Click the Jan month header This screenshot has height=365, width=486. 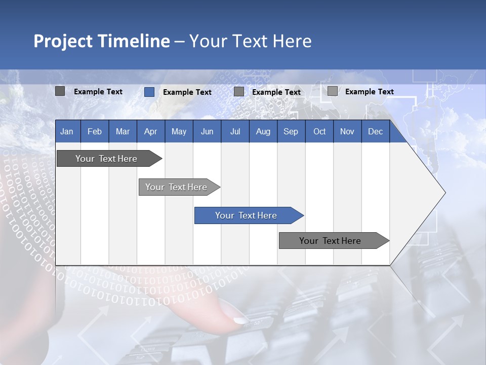[x=67, y=131]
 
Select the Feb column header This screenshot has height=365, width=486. [x=95, y=131]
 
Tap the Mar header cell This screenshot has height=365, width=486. [x=123, y=131]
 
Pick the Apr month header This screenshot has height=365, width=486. [x=151, y=131]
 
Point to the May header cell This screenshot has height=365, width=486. [x=179, y=131]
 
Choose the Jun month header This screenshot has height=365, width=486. [x=207, y=131]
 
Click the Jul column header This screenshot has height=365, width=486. [x=235, y=131]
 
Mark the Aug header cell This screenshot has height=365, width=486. [x=263, y=131]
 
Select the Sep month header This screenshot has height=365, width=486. [x=291, y=131]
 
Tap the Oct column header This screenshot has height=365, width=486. [x=319, y=131]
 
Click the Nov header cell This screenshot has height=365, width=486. [x=347, y=131]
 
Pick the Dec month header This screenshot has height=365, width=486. [x=376, y=131]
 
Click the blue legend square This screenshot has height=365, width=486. [x=149, y=92]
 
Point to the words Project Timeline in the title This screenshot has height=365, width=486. [x=102, y=41]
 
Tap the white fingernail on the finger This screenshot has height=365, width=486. [x=240, y=320]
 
